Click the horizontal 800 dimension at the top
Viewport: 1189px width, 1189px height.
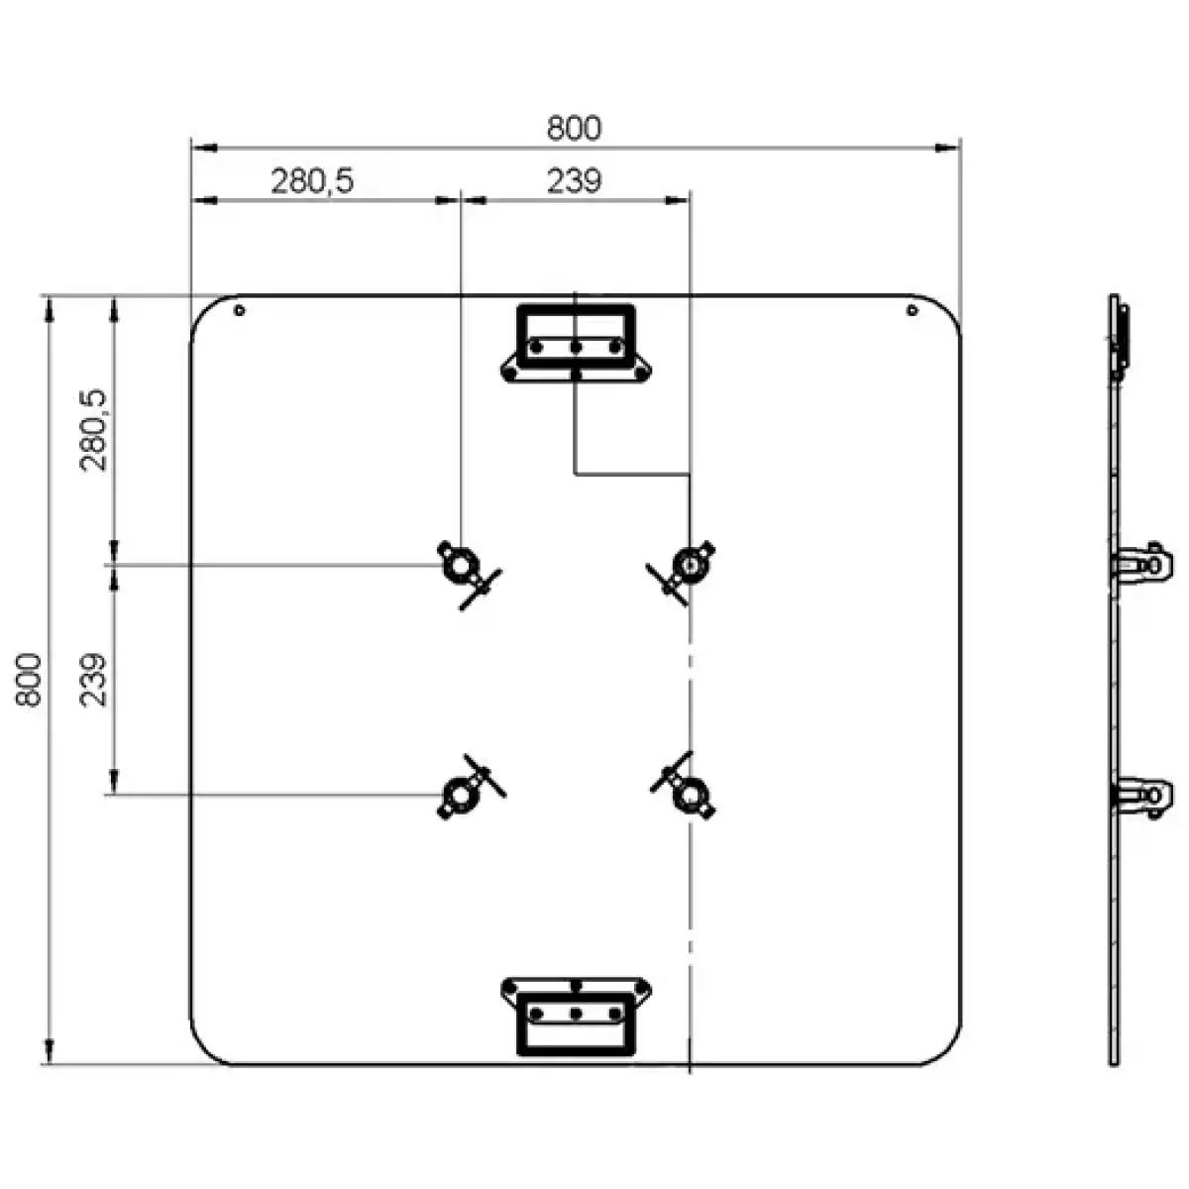[574, 129]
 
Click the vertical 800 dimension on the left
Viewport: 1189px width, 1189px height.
[30, 679]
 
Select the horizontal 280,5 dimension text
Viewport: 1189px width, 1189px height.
[312, 181]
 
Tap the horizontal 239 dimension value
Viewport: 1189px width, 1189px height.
[574, 181]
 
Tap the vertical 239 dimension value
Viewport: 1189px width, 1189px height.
[95, 679]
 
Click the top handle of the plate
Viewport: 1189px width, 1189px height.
[576, 343]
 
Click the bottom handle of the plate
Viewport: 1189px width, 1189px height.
[576, 1015]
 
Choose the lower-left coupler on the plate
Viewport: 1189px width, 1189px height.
[461, 794]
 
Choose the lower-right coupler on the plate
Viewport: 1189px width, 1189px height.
[687, 793]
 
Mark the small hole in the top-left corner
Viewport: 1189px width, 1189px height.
[240, 310]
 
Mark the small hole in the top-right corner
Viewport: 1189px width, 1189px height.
[912, 310]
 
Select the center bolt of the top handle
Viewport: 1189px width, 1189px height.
[576, 347]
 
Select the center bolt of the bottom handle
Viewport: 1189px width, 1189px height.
[576, 1014]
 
